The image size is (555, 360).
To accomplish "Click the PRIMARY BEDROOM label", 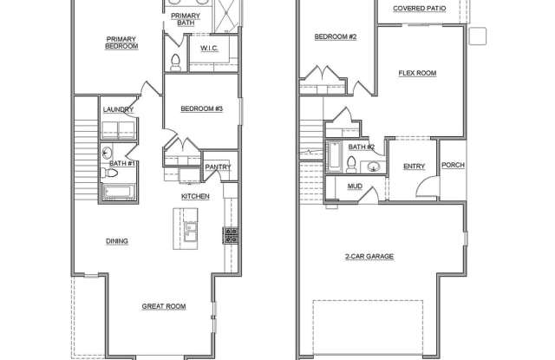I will (x=122, y=43).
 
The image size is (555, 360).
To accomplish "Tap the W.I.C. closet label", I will (x=208, y=48).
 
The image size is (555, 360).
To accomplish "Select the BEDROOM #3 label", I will (x=202, y=108).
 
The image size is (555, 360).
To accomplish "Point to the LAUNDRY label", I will (x=117, y=109).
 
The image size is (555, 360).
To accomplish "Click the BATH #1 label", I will (x=121, y=162).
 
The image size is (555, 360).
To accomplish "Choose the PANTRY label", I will (x=217, y=167).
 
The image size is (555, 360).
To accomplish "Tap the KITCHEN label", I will (x=195, y=197).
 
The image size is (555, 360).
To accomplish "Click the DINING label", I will (x=117, y=241).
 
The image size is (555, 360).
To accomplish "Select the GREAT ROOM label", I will (x=164, y=306).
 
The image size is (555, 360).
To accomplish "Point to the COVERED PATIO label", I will (x=420, y=9).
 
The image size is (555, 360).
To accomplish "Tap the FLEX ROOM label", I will (x=416, y=73).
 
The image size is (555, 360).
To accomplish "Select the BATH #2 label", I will (x=361, y=147).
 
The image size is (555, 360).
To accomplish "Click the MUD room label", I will (x=355, y=186).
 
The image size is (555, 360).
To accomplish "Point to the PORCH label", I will (x=453, y=166).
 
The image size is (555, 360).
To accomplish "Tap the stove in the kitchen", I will (x=230, y=232).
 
